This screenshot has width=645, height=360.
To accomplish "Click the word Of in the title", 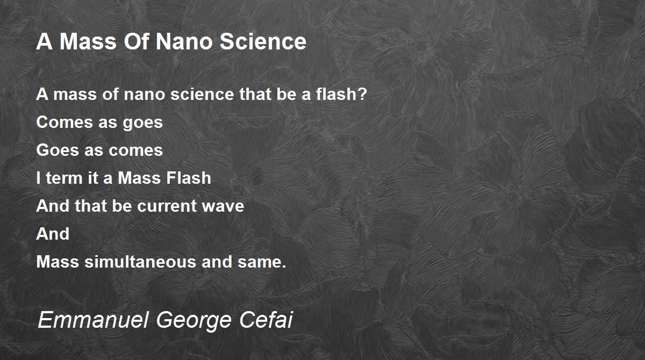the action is point(136,42).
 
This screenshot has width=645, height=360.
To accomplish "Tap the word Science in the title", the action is point(263,42).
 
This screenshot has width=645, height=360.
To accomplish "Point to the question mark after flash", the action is point(362,94).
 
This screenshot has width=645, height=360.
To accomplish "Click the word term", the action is point(64,178).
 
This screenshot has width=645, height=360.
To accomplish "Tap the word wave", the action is point(223,206).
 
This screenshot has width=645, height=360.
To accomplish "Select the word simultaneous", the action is point(140,262).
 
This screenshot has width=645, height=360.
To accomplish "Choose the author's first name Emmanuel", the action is point(93,320).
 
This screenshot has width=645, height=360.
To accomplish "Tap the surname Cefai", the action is point(266,319).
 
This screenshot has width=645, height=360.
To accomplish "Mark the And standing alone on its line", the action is point(53,234).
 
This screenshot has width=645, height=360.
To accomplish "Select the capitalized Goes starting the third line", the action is point(58,150).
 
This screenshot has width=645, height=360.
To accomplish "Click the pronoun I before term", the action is point(38,178).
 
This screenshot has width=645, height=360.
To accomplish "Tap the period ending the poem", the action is point(284,267).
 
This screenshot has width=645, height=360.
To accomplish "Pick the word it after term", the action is point(93,178).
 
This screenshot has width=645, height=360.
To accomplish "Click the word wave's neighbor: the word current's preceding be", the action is point(122,206).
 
